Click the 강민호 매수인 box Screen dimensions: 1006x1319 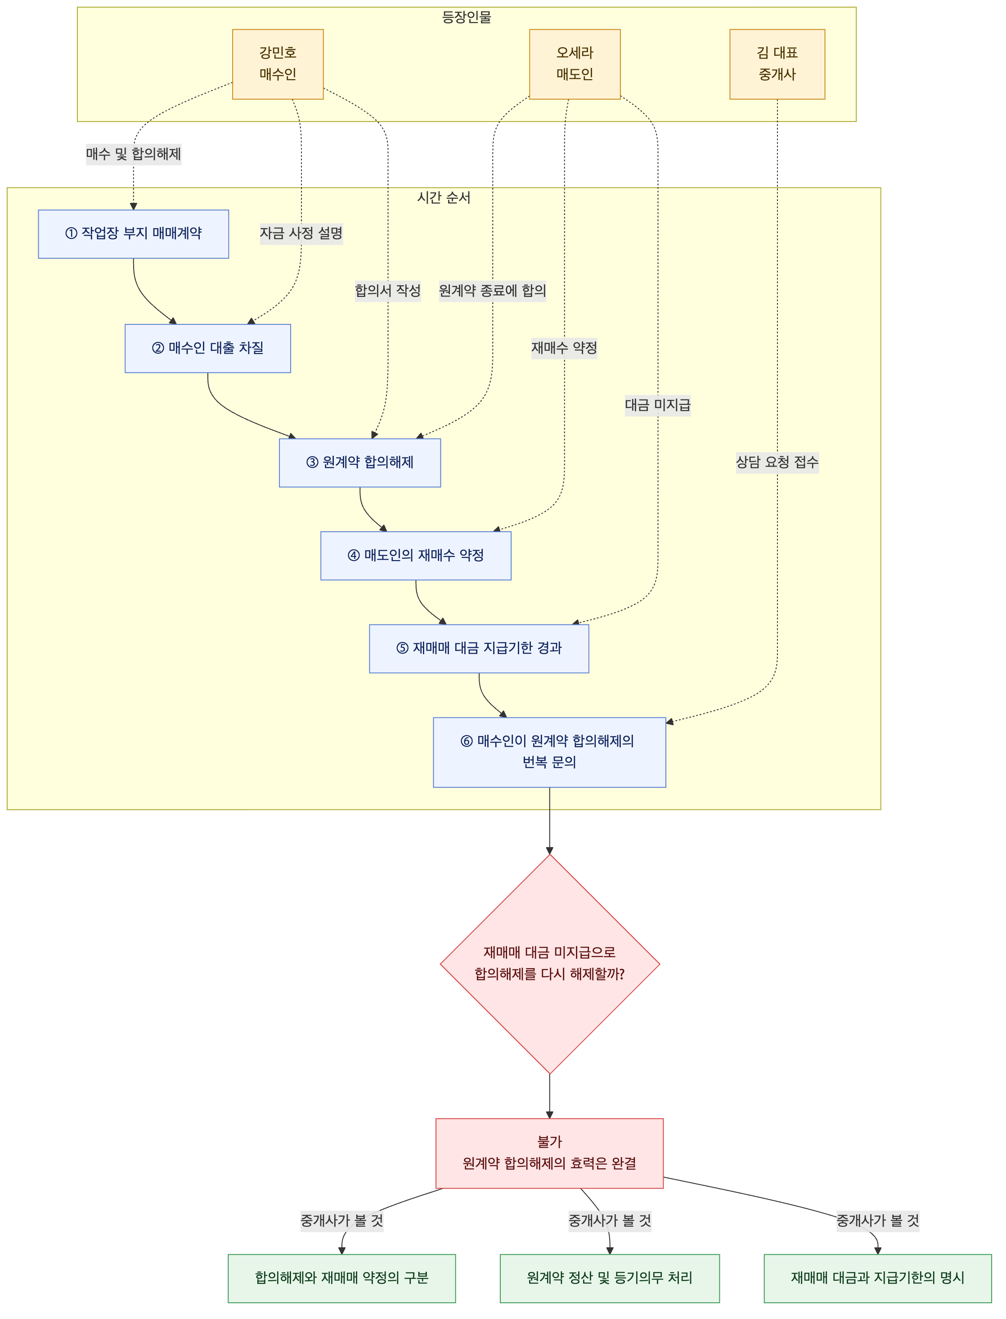coord(278,64)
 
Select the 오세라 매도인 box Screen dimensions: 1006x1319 coord(575,64)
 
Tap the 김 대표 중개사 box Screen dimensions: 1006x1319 coord(777,64)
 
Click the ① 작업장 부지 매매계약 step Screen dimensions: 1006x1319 coord(134,234)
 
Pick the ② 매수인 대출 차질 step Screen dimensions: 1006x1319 coord(208,349)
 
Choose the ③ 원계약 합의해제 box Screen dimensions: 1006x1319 coord(360,463)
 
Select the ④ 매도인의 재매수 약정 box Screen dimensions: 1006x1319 coord(416,556)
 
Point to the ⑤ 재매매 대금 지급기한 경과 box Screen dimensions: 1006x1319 coord(479,648)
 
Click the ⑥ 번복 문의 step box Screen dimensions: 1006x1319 coord(550,752)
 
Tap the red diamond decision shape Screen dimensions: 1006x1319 coord(550,964)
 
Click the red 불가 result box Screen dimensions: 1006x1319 coord(550,1153)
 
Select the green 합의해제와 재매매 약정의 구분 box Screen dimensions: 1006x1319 coord(342,1278)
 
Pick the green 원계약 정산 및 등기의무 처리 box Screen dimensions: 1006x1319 coord(610,1278)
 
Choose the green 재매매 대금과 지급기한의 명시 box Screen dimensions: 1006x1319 coord(878,1278)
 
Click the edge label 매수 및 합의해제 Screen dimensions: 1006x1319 coord(134,154)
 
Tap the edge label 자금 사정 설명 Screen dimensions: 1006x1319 coord(301,233)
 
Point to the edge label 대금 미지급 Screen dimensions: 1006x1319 coord(657,405)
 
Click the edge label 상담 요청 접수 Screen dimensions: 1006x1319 coord(777,462)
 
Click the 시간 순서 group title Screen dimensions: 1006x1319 coord(444,197)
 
